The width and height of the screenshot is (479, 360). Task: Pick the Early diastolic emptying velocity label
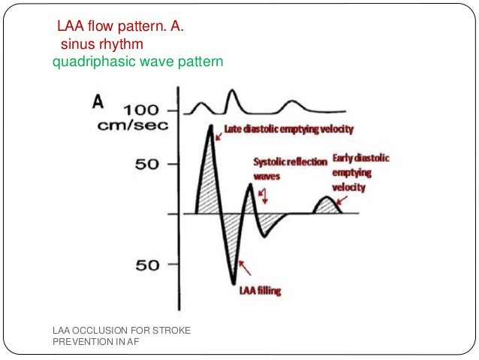(366, 172)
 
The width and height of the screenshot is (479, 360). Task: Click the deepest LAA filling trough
(233, 283)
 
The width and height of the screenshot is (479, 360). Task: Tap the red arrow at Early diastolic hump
(342, 199)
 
